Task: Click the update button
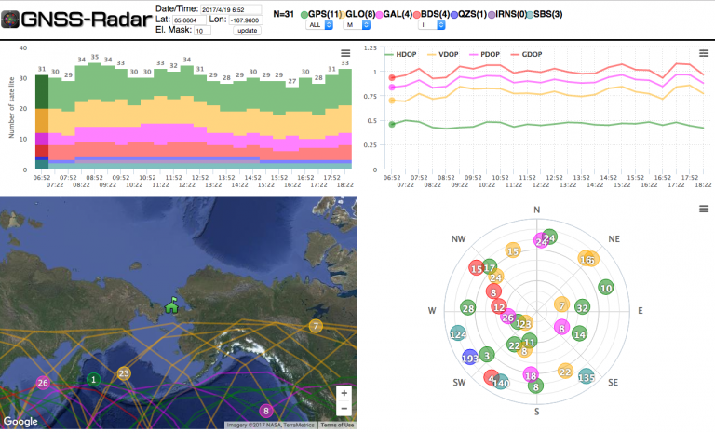pos(247,31)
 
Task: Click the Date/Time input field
pos(231,9)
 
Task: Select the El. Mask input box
pos(202,31)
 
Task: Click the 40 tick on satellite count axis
pos(23,47)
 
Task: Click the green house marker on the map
pos(171,304)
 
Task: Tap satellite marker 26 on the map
pos(42,383)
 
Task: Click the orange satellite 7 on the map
pos(317,325)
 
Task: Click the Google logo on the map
pos(20,421)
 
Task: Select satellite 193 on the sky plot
pos(469,358)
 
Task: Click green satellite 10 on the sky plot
pos(606,288)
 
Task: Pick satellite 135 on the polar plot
pos(587,377)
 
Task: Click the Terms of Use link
pos(337,426)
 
